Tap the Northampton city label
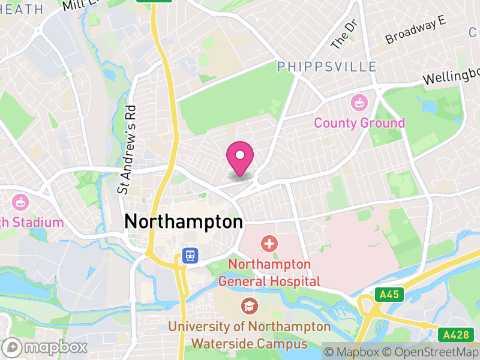(183, 221)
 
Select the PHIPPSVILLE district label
(326, 67)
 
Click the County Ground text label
(359, 124)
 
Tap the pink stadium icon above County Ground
(359, 103)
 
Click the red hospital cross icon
(269, 244)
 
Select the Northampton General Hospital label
(269, 272)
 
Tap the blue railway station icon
(190, 256)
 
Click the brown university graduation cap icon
(248, 307)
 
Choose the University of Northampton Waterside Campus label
(249, 335)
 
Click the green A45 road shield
(389, 295)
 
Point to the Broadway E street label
(416, 30)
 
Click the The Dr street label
(344, 35)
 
